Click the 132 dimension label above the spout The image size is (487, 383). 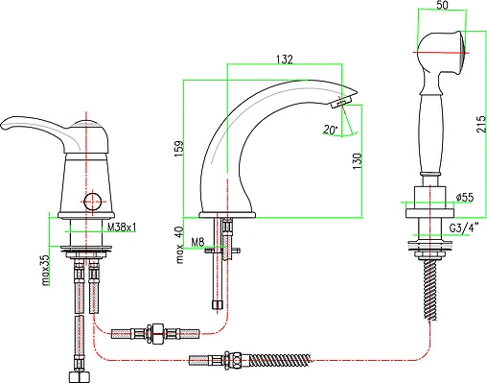click(284, 60)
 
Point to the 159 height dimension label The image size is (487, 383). click(179, 148)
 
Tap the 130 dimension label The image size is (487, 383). click(358, 161)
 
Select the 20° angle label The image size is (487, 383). click(330, 130)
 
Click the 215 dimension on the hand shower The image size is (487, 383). click(481, 124)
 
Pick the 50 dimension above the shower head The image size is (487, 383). click(442, 6)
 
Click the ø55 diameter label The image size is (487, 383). click(465, 197)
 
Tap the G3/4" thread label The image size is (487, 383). click(464, 228)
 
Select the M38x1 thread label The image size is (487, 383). click(122, 227)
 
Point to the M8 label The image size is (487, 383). click(197, 242)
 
